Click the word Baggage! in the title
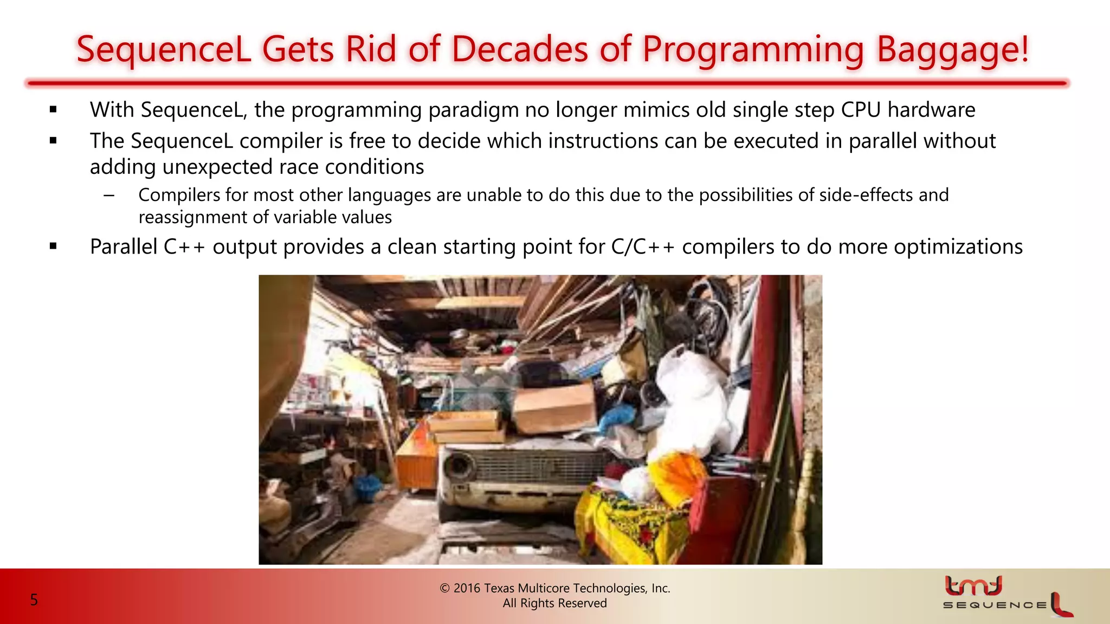pos(952,50)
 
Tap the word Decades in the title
pos(519,50)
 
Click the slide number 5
pos(34,600)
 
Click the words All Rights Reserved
pos(554,603)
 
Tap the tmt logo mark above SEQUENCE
pos(973,586)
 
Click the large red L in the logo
pos(1060,604)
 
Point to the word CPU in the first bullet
pos(861,110)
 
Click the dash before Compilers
pos(109,196)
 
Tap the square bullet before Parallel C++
pos(53,246)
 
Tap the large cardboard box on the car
pos(554,409)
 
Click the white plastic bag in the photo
pos(694,401)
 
